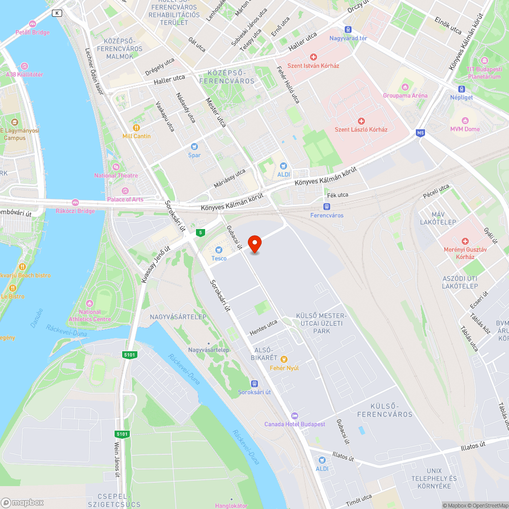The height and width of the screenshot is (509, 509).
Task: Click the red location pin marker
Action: click(x=254, y=244)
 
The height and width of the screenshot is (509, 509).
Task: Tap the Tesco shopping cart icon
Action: click(x=219, y=250)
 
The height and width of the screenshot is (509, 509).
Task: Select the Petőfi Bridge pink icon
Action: click(x=33, y=23)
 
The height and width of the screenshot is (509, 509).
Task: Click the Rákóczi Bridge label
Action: click(x=75, y=211)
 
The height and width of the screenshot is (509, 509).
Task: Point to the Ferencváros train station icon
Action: click(x=326, y=207)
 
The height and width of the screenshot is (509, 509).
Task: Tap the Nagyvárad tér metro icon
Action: click(x=348, y=30)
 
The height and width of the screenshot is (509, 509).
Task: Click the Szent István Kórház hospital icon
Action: click(x=313, y=57)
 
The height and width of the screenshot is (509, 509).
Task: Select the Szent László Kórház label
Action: click(x=361, y=129)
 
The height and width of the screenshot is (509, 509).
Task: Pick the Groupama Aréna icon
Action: click(x=405, y=87)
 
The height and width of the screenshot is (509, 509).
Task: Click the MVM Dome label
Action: click(x=465, y=129)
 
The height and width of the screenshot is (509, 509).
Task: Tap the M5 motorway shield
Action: click(x=420, y=133)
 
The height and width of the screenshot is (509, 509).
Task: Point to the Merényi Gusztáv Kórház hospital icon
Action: click(x=464, y=241)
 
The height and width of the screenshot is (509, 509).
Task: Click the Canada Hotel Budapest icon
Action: click(x=294, y=415)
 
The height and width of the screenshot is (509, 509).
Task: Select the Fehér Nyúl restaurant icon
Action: click(x=284, y=359)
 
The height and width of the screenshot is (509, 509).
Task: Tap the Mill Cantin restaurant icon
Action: click(x=136, y=127)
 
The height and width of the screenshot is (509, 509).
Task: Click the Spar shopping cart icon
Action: click(x=194, y=147)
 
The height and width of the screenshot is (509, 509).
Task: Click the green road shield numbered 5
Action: click(x=201, y=233)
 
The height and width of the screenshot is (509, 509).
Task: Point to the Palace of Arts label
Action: click(x=125, y=199)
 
